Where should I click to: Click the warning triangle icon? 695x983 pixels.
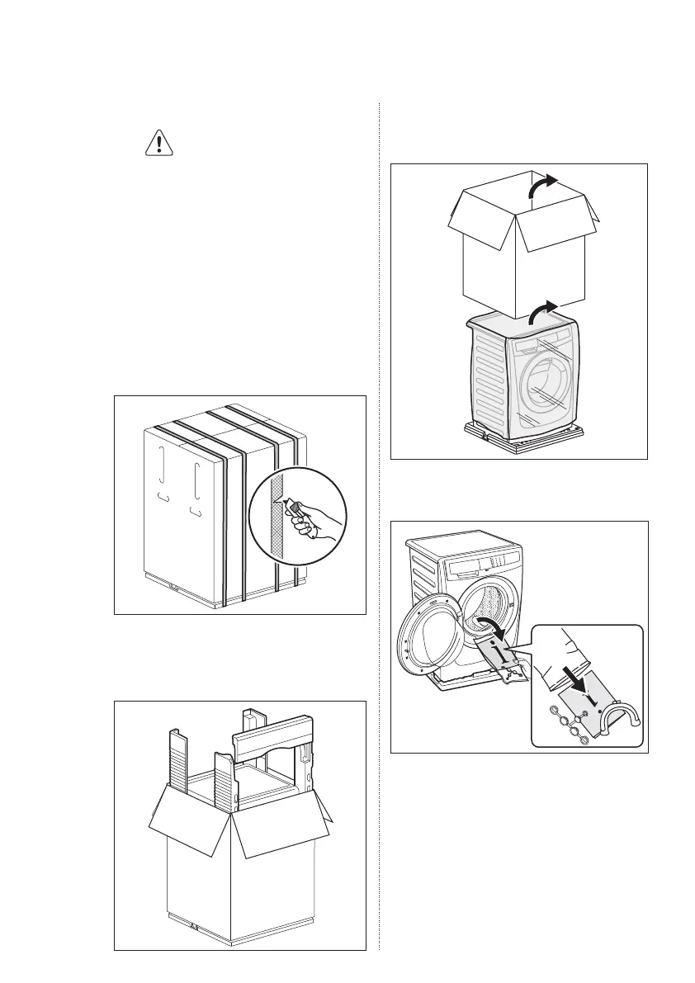click(154, 144)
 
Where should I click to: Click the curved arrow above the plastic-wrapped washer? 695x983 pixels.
click(540, 312)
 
